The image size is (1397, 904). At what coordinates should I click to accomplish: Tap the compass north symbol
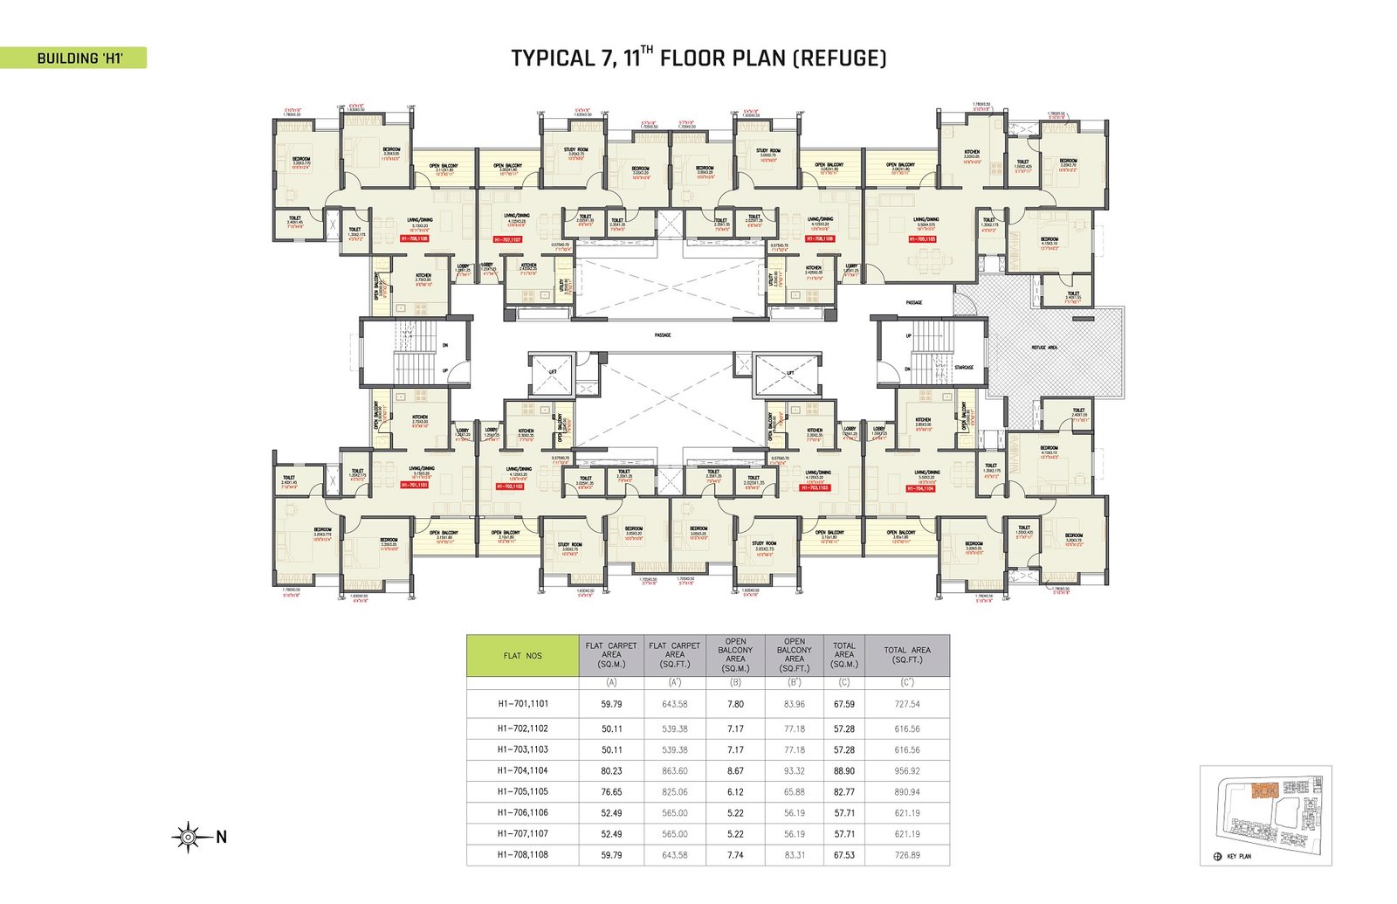pos(187,837)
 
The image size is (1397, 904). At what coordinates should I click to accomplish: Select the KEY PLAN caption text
pos(1238,857)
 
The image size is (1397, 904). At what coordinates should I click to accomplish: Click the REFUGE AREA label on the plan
pos(1044,348)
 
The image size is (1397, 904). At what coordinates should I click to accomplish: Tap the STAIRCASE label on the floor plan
pos(963,368)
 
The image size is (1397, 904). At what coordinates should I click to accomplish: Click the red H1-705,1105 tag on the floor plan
pos(922,238)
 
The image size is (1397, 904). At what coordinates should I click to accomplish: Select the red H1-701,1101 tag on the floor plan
pos(414,485)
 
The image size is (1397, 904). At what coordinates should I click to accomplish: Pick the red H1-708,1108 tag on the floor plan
pos(414,238)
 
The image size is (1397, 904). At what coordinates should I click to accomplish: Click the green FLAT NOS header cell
pos(522,656)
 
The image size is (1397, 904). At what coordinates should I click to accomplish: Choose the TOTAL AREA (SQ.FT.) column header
pos(907,655)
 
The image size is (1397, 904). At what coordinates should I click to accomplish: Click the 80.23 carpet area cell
pos(611,771)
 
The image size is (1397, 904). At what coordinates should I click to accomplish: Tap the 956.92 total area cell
pos(907,771)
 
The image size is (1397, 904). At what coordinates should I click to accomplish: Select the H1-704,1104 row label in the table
pos(522,771)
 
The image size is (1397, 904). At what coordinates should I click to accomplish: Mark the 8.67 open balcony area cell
pos(735,771)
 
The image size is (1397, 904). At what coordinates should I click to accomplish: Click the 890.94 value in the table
pos(907,792)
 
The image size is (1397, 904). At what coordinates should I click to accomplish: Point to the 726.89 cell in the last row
pos(907,855)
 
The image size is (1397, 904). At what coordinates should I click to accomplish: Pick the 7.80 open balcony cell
pos(735,704)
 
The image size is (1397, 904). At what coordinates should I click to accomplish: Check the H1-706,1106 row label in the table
pos(522,813)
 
